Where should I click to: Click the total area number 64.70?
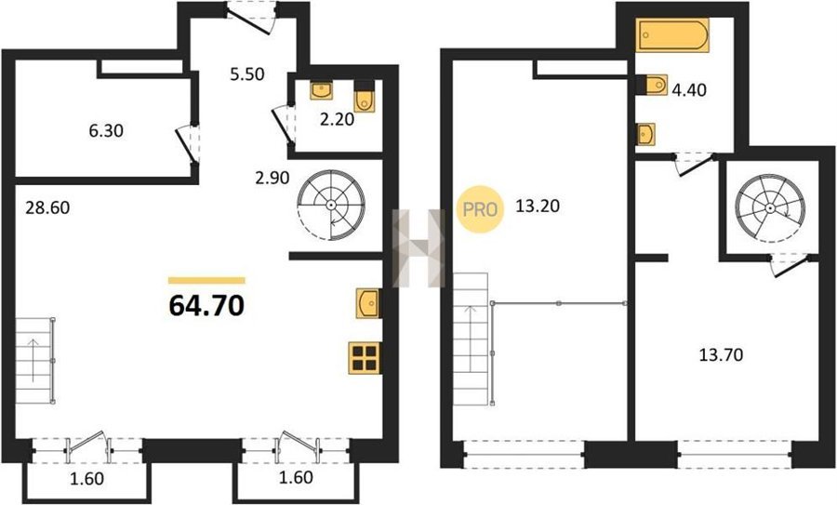point(206,306)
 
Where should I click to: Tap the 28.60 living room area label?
point(47,207)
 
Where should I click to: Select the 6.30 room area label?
point(106,130)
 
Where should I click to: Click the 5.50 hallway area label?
point(247,74)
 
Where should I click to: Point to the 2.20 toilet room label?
point(337,119)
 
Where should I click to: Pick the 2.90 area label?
point(272,178)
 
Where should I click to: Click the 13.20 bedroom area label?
point(538,206)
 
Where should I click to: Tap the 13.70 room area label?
point(721,354)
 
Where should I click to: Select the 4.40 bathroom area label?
point(689,89)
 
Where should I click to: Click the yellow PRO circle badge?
point(480,209)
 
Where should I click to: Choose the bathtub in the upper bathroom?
point(672,34)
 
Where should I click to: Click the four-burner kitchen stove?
point(365,358)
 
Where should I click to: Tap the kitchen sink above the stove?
point(368,303)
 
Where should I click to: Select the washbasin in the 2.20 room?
point(322,90)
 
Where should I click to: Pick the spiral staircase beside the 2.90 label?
point(331,206)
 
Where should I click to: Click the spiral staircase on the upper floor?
point(770,208)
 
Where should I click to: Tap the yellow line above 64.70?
point(206,280)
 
